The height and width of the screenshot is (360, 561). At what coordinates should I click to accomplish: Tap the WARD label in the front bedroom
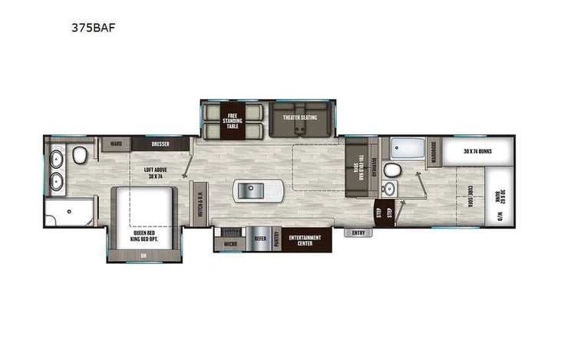pyautogui.click(x=117, y=144)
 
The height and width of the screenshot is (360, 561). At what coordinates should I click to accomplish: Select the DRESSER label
pyautogui.click(x=160, y=144)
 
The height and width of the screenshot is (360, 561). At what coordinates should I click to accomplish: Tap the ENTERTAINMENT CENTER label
pyautogui.click(x=305, y=241)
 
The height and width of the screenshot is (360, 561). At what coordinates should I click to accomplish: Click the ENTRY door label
pyautogui.click(x=358, y=233)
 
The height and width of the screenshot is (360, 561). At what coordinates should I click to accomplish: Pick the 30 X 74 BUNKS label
pyautogui.click(x=477, y=151)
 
